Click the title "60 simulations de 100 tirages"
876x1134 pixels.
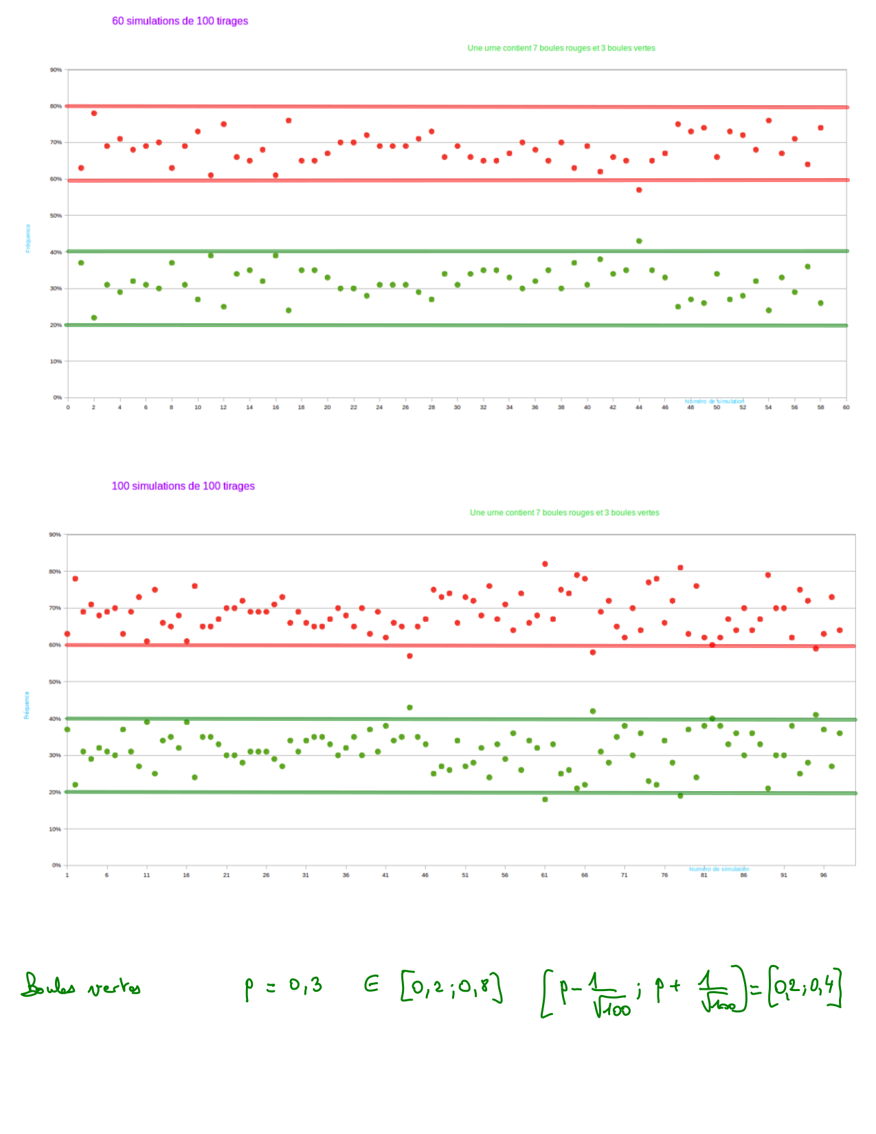coord(180,21)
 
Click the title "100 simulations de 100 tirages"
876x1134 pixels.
coord(183,486)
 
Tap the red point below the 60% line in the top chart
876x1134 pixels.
coord(639,190)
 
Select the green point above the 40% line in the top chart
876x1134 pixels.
coord(639,241)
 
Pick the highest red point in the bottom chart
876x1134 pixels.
coord(545,564)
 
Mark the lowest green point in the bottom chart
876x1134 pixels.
coord(545,799)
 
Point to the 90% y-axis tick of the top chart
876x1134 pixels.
coord(56,70)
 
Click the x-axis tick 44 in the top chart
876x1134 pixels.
coord(639,408)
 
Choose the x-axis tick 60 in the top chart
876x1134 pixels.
coord(846,408)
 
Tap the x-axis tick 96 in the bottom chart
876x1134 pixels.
coord(823,875)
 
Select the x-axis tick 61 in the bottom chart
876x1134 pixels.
coord(545,875)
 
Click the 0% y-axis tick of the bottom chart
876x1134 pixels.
coord(56,865)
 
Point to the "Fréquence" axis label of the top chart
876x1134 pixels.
coord(28,238)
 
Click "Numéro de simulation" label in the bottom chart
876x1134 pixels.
coord(719,869)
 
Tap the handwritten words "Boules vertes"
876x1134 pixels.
coord(81,986)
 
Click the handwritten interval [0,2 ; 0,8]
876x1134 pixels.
coord(451,988)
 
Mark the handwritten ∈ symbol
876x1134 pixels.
coord(372,986)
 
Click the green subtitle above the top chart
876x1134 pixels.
coord(561,48)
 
